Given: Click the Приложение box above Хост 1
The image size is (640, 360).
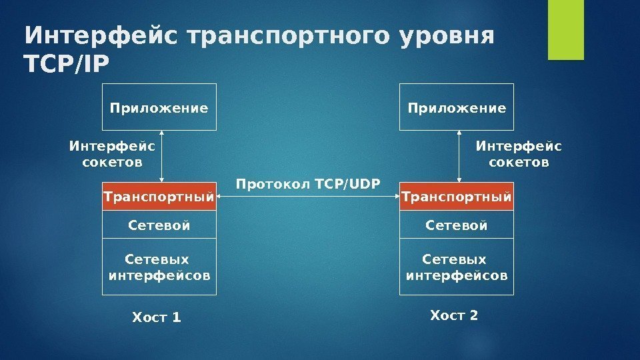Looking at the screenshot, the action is click(159, 107).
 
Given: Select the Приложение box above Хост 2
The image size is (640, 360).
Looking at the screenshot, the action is click(457, 107).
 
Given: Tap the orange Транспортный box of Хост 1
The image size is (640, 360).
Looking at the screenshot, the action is click(160, 197).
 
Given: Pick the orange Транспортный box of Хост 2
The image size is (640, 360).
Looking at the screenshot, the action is click(457, 197).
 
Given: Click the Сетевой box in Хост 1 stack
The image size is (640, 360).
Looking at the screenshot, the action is click(159, 225).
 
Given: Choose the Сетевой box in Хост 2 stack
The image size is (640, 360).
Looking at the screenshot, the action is click(457, 225).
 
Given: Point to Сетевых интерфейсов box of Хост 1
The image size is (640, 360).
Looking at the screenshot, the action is click(159, 267).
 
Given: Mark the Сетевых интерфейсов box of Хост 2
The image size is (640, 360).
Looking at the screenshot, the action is click(457, 267).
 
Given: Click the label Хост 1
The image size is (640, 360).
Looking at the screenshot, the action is click(157, 317).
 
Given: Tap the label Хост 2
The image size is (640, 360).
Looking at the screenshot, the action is click(454, 315).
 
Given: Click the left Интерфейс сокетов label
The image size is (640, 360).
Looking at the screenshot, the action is click(112, 154).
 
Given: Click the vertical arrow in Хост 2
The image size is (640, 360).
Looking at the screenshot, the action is click(460, 156).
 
